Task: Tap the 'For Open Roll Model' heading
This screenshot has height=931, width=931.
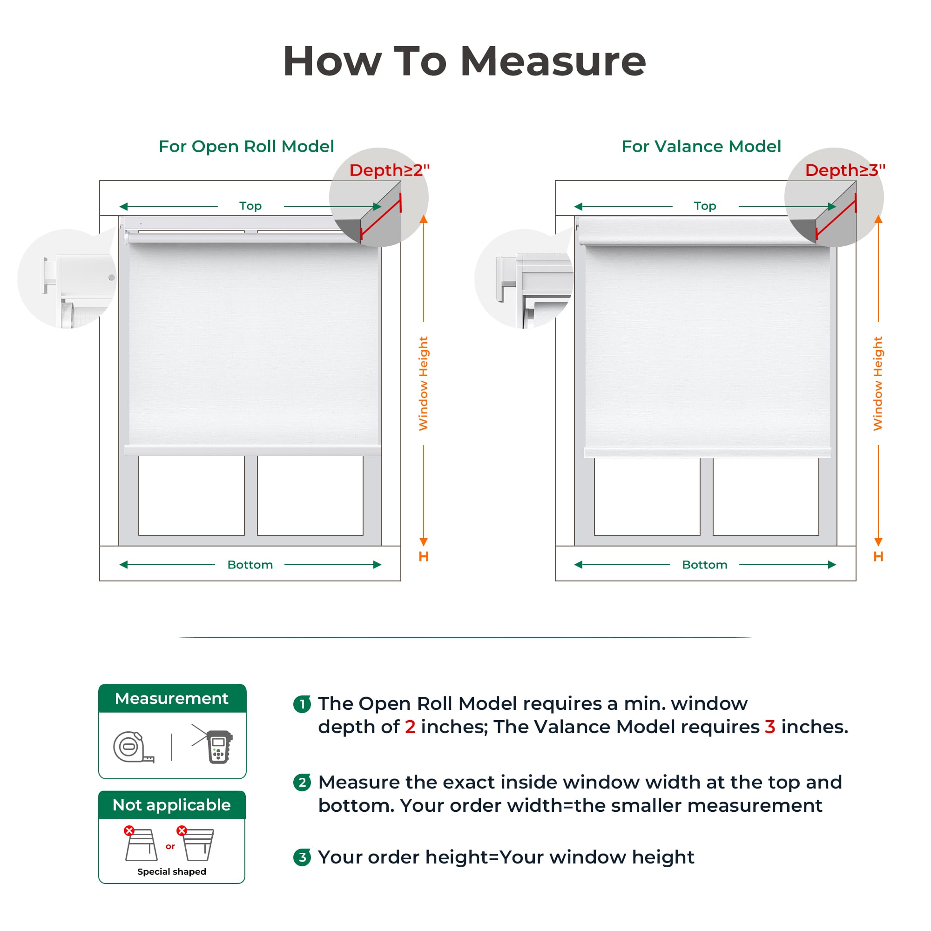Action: [246, 147]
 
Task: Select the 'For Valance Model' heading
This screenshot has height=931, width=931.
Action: [701, 147]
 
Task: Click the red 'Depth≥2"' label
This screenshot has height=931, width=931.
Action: [389, 170]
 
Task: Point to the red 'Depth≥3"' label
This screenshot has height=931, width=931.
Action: [845, 170]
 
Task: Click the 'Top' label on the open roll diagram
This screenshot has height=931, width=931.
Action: [250, 206]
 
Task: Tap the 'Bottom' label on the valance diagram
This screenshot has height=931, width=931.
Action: [704, 565]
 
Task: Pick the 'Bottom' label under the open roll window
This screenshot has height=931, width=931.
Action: [250, 565]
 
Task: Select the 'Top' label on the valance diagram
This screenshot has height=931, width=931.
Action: [705, 206]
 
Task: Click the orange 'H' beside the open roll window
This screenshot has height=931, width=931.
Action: [424, 557]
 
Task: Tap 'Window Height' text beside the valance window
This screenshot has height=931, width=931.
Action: [878, 384]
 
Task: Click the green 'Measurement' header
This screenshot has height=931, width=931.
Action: [172, 698]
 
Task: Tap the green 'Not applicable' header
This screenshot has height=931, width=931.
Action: [172, 805]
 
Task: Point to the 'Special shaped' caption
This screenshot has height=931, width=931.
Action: [172, 872]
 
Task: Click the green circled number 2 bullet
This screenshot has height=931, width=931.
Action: [302, 783]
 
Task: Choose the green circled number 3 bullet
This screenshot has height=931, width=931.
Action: [302, 857]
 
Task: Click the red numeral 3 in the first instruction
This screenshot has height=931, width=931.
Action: [770, 727]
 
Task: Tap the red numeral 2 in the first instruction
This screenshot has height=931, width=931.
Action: [410, 727]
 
